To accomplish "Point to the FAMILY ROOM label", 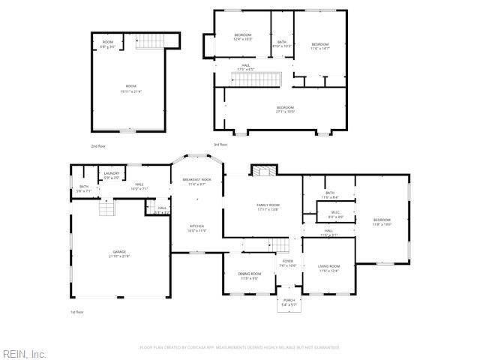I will click(268, 207).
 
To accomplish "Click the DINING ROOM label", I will click(250, 276).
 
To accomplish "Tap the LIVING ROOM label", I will click(329, 268).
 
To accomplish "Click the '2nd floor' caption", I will click(98, 145).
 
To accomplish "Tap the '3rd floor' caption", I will click(220, 144).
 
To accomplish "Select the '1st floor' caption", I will click(77, 312).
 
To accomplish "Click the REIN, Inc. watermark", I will click(24, 353).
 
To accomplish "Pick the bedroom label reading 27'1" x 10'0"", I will click(285, 109).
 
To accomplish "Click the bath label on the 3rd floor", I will click(282, 43).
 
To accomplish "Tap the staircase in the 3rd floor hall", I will click(254, 79).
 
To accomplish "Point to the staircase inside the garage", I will click(107, 207).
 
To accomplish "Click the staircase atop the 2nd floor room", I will click(150, 42).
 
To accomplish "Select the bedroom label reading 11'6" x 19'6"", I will click(382, 222).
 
